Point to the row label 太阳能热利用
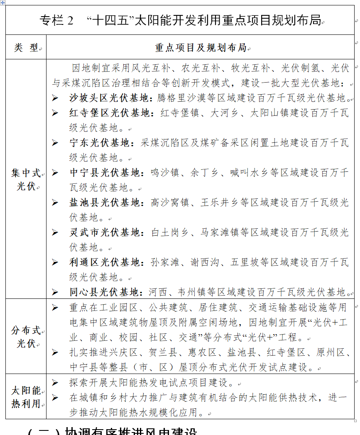pos(26,397)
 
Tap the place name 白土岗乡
pos(170,232)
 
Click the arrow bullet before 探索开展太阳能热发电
pos(55,383)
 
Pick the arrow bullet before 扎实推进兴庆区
pos(55,353)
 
